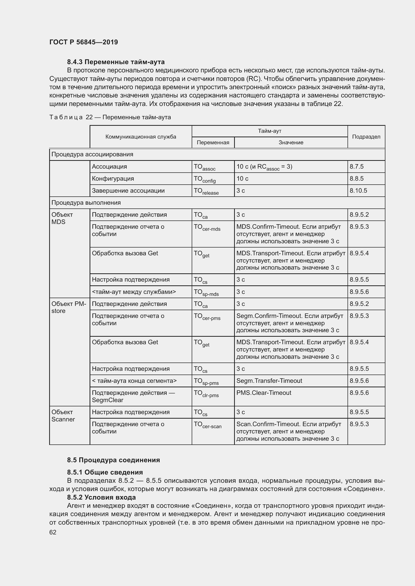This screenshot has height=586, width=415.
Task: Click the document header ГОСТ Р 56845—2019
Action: pos(84,42)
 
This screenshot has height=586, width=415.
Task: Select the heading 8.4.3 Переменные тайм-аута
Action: pos(116,62)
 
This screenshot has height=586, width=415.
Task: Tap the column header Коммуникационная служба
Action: pos(141,137)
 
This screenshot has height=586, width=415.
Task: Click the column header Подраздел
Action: pos(366,137)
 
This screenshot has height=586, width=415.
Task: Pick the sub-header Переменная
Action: pos(213,143)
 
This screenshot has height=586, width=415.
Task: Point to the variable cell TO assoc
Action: pos(204,167)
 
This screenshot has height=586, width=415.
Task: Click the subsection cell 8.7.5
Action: pos(357,167)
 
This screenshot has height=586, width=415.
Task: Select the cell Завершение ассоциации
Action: pos(128,191)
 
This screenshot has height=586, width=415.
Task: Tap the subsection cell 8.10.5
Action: pos(358,191)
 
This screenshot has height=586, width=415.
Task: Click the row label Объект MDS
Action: pos(62,218)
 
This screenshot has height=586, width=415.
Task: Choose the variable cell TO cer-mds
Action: pos(207,227)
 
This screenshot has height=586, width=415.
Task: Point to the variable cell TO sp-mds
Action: pos(206,292)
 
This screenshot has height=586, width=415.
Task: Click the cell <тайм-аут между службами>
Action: pos(134,292)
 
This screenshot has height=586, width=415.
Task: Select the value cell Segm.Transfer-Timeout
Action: pos(269,381)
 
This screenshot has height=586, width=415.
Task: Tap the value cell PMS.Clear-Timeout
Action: pos(264,393)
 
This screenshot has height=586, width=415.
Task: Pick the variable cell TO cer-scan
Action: pos(208,425)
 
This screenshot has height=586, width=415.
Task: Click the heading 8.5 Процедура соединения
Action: pos(113,460)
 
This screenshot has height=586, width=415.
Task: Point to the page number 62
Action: pos(53,532)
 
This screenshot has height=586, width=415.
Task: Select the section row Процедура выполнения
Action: pos(86,203)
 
